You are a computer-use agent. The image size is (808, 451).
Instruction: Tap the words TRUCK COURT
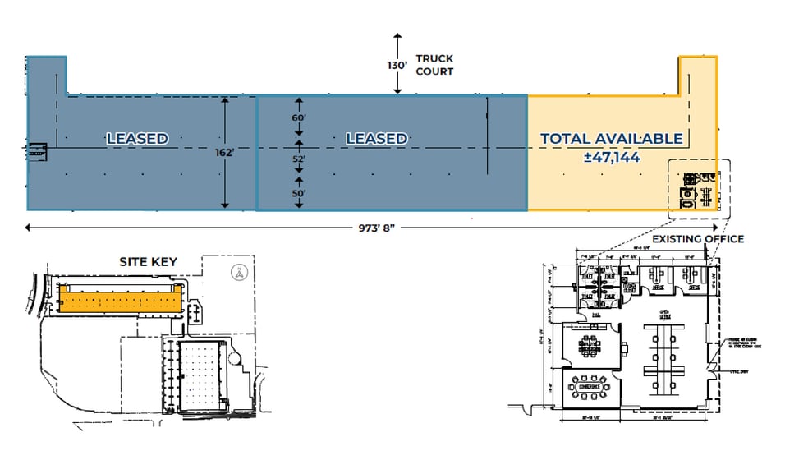tap(434, 65)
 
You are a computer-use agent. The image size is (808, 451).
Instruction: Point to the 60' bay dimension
tap(299, 118)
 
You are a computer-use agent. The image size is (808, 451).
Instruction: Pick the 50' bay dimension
tap(299, 194)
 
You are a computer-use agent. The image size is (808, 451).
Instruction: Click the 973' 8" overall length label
tap(370, 227)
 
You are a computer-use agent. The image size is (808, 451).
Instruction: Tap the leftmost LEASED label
tap(137, 139)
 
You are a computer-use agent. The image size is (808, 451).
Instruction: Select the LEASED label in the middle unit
tap(376, 139)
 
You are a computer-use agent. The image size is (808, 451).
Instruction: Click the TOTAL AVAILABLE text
tap(611, 138)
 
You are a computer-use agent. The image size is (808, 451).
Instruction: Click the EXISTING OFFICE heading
tap(700, 239)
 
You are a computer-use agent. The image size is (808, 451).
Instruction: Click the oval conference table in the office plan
tap(589, 384)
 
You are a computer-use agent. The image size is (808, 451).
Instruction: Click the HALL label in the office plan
tap(595, 315)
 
